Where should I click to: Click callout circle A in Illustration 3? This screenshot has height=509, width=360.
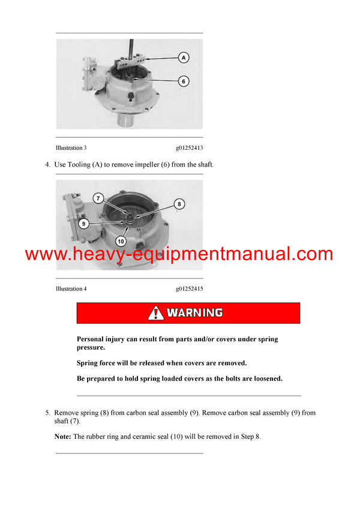(184, 58)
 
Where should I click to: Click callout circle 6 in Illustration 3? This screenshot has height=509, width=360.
(184, 80)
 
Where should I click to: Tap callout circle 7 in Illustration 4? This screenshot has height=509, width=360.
(98, 198)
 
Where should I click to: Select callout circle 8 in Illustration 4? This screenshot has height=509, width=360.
(178, 204)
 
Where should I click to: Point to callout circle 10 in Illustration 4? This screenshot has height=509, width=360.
(120, 241)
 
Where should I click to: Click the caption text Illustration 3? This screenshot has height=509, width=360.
(71, 148)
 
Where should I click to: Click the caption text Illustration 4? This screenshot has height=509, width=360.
(71, 289)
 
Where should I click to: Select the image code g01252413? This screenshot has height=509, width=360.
(189, 148)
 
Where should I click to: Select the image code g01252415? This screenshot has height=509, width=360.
(189, 289)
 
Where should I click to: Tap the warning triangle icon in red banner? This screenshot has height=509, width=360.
(156, 313)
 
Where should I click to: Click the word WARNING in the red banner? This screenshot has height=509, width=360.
(194, 313)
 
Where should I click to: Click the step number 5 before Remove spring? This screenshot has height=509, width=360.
(47, 413)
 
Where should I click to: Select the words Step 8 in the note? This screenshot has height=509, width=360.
(250, 437)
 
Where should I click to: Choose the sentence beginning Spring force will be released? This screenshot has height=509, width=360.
(161, 363)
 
